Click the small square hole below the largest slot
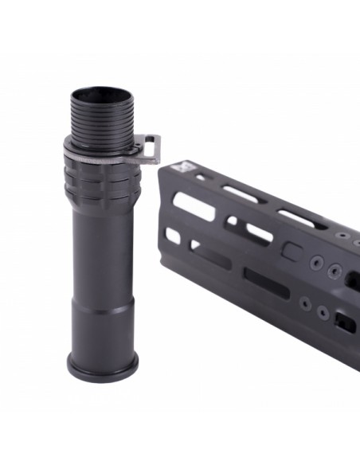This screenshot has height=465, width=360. click(x=173, y=236)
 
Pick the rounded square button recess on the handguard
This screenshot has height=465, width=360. click(x=292, y=252)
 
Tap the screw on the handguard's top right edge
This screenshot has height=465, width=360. click(x=342, y=236)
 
